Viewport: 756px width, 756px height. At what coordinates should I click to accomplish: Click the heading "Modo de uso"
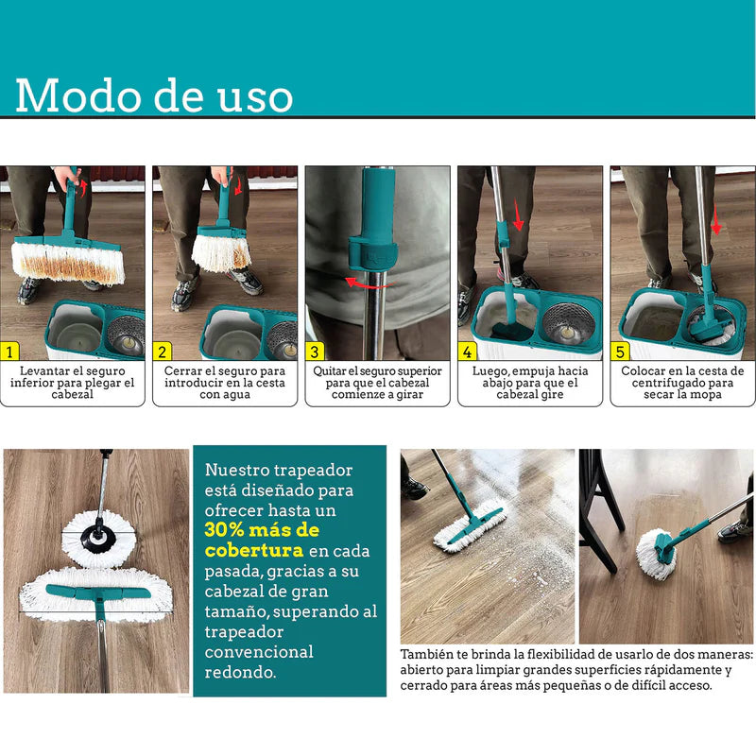point(154,95)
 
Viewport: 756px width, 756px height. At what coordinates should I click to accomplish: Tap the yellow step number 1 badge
point(9,352)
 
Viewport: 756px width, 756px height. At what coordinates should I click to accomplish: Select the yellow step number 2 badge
point(162,352)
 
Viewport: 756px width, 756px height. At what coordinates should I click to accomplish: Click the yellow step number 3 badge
point(315,352)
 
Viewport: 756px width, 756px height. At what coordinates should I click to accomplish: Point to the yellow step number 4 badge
point(467,352)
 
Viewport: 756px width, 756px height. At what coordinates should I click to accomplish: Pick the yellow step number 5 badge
point(620,352)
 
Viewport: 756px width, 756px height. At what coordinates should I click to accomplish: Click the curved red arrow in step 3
point(369,284)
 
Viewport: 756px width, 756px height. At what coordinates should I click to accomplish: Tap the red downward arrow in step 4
point(518,215)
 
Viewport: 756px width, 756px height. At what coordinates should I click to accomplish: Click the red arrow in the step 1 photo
point(83,187)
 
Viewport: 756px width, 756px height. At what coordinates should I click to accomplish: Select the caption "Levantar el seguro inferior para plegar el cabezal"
point(73,383)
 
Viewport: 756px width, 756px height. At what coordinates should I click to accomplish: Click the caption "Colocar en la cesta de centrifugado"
point(682,376)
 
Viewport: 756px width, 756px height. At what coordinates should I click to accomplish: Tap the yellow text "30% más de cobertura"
point(262,540)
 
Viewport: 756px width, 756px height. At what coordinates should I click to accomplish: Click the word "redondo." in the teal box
point(240,672)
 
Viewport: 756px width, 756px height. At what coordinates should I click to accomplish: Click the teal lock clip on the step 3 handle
point(372,253)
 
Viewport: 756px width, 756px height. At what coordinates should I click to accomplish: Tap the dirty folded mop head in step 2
point(222,251)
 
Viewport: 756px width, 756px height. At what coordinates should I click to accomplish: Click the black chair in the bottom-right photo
point(598,510)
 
